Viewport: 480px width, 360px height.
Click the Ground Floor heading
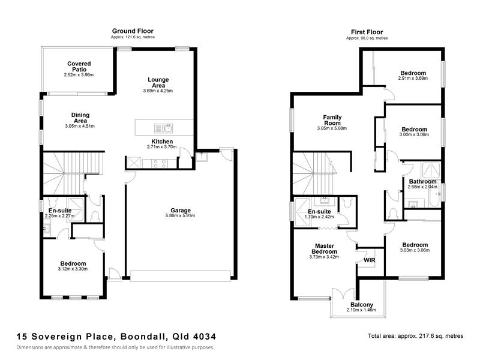(133, 31)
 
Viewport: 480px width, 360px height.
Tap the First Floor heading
(367, 32)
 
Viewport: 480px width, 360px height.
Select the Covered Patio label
(79, 67)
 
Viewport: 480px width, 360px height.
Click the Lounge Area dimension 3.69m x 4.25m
(158, 91)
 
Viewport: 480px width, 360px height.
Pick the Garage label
(181, 211)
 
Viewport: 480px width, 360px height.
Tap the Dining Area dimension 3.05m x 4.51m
(80, 126)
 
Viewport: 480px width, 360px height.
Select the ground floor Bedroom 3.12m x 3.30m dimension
(73, 269)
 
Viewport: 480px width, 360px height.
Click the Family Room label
(332, 120)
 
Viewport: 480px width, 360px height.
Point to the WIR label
(370, 260)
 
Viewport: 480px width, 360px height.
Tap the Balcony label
(362, 305)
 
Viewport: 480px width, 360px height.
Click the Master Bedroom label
(325, 248)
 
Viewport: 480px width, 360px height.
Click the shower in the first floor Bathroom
(431, 170)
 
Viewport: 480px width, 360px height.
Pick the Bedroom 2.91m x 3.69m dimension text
(413, 79)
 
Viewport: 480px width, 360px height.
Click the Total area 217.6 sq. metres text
(415, 336)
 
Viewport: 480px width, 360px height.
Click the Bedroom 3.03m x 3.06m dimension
(415, 250)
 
